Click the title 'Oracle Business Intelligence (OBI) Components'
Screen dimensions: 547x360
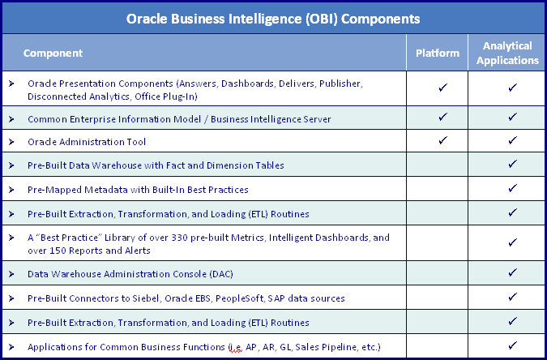(x=273, y=19)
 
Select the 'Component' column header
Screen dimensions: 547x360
(x=53, y=53)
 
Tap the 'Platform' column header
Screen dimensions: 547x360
(x=438, y=53)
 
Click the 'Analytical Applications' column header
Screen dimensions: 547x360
(x=507, y=53)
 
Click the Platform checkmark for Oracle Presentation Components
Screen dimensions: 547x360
(x=443, y=88)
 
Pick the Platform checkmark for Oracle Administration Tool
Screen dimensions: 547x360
(x=443, y=140)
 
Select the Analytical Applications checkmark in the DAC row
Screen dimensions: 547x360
(x=512, y=272)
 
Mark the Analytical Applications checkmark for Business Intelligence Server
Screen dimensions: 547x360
(x=512, y=117)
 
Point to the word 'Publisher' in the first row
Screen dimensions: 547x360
(x=341, y=84)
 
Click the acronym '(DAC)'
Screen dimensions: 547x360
(x=221, y=274)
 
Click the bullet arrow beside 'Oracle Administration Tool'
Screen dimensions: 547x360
(x=11, y=142)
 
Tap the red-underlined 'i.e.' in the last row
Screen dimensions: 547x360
(x=235, y=347)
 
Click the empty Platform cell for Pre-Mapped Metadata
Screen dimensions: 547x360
(x=437, y=189)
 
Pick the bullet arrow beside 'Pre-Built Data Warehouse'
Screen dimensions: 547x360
(x=11, y=165)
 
